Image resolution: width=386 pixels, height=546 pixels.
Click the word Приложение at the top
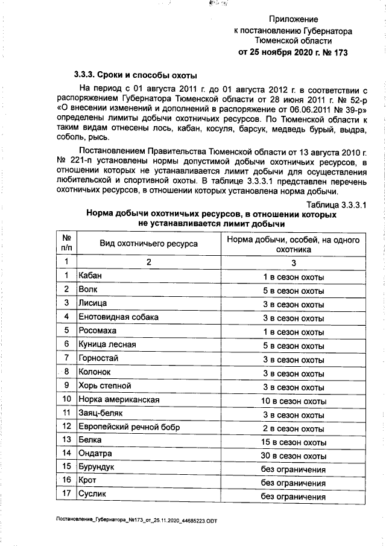pyautogui.click(x=293, y=19)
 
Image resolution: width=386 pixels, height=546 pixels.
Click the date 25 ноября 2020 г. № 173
pyautogui.click(x=293, y=52)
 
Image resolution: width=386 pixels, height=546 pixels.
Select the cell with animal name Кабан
pyautogui.click(x=91, y=276)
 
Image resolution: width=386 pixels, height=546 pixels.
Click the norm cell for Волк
pyautogui.click(x=294, y=291)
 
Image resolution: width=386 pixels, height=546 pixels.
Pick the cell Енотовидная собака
pyautogui.click(x=115, y=317)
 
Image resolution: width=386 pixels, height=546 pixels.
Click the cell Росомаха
pyautogui.click(x=98, y=331)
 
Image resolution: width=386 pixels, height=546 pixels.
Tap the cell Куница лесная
pyautogui.click(x=107, y=345)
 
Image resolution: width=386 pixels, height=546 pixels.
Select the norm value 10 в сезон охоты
pyautogui.click(x=294, y=401)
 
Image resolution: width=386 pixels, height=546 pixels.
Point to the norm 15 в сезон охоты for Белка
pyautogui.click(x=294, y=442)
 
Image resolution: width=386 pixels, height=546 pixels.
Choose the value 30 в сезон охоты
pyautogui.click(x=294, y=456)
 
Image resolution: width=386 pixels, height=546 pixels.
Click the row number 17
pyautogui.click(x=66, y=495)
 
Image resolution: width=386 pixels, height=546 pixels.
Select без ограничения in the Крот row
pyautogui.click(x=294, y=483)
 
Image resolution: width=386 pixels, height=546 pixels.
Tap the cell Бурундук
pyautogui.click(x=97, y=468)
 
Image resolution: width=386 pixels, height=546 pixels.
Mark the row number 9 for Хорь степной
pyautogui.click(x=66, y=386)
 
